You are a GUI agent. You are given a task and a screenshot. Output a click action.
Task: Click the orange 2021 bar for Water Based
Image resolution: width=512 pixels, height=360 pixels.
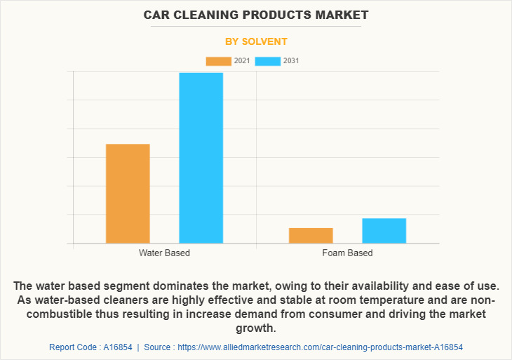(128, 194)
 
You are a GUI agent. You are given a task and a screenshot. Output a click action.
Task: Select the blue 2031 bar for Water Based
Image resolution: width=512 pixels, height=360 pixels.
(201, 158)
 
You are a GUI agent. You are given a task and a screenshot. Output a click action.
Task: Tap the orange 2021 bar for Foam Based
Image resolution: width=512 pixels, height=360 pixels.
(311, 236)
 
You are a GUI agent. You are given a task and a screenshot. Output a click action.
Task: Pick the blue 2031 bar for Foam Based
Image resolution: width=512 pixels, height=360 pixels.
(384, 231)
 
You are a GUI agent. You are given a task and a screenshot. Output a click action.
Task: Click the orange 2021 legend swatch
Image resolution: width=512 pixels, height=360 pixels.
(218, 61)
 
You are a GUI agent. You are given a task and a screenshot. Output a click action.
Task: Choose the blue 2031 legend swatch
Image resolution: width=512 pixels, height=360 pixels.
(268, 61)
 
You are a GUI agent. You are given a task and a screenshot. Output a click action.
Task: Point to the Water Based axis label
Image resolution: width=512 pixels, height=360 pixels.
(164, 253)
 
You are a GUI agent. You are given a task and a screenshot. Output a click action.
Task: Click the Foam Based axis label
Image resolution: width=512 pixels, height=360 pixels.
(347, 253)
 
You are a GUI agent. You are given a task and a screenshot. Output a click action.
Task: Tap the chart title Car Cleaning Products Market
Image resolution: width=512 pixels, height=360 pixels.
(256, 15)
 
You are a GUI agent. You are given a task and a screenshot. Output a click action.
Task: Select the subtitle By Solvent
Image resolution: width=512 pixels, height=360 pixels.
(256, 41)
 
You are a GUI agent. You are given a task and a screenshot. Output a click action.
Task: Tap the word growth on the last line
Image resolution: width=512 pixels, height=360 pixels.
(256, 328)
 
